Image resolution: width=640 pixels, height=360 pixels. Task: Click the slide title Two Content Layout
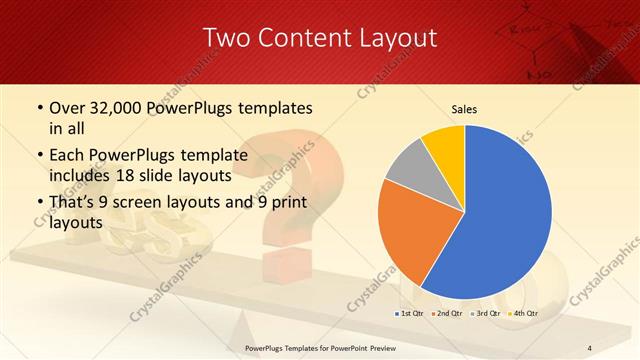320,38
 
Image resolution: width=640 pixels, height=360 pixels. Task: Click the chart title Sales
464,109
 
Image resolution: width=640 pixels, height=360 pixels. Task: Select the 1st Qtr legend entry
410,313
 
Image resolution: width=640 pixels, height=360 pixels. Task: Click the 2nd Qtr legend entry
446,313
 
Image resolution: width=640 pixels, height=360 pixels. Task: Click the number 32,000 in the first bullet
111,107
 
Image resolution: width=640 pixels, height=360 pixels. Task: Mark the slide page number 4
590,347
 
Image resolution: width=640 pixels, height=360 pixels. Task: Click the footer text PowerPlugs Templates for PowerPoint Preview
320,347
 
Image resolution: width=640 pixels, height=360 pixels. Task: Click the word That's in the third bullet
73,205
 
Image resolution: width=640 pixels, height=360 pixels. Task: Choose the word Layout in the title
395,38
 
